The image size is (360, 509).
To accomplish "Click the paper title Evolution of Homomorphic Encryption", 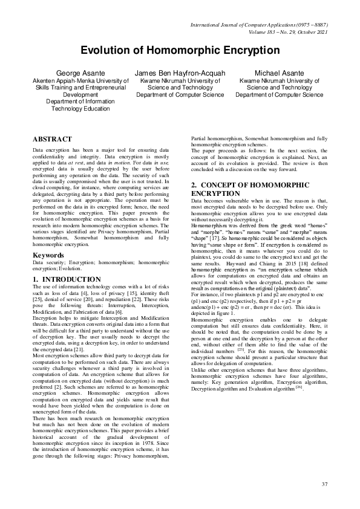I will pyautogui.click(x=180, y=51).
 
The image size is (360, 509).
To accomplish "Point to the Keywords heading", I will pyautogui.click(x=48, y=255).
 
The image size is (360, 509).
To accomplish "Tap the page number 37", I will pyautogui.click(x=324, y=484).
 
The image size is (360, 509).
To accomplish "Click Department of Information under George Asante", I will pyautogui.click(x=80, y=102).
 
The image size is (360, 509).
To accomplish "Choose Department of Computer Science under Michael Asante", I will pyautogui.click(x=280, y=95).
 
